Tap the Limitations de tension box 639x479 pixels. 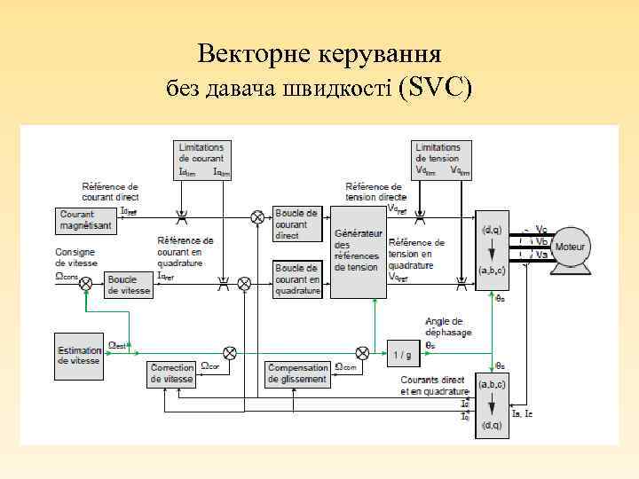pos(438,159)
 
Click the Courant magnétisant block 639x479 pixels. pos(86,220)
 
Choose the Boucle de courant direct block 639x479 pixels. pos(296,224)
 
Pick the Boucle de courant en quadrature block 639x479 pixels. pos(296,279)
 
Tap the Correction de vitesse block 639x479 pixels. pos(171,373)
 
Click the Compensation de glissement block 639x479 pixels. pos(297,373)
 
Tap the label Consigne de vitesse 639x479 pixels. pos(75,257)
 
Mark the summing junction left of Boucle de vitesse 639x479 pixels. pos(87,285)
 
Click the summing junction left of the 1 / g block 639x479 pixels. pos(362,351)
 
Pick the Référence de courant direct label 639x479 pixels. pos(110,192)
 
